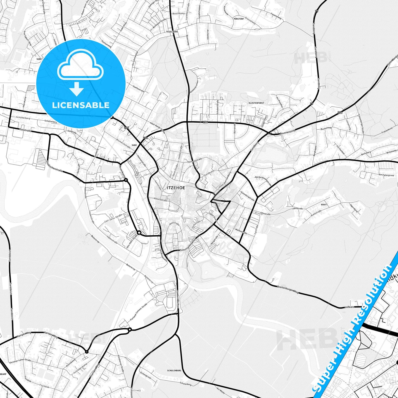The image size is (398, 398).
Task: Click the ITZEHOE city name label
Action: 176,188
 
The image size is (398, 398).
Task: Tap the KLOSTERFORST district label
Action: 256,103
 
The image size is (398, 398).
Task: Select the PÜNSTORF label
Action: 239,19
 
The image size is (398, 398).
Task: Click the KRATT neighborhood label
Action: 324,205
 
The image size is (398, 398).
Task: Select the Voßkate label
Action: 349,307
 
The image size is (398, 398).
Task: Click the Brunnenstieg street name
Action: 287,132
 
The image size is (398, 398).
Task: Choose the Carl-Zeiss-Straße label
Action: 113,219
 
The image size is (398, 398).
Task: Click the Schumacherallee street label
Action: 188,245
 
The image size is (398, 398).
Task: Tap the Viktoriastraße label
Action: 160,199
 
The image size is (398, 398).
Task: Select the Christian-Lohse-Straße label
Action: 20,361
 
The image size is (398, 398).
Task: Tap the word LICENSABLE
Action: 81,105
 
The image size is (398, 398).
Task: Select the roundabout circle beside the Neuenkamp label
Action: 126,180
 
